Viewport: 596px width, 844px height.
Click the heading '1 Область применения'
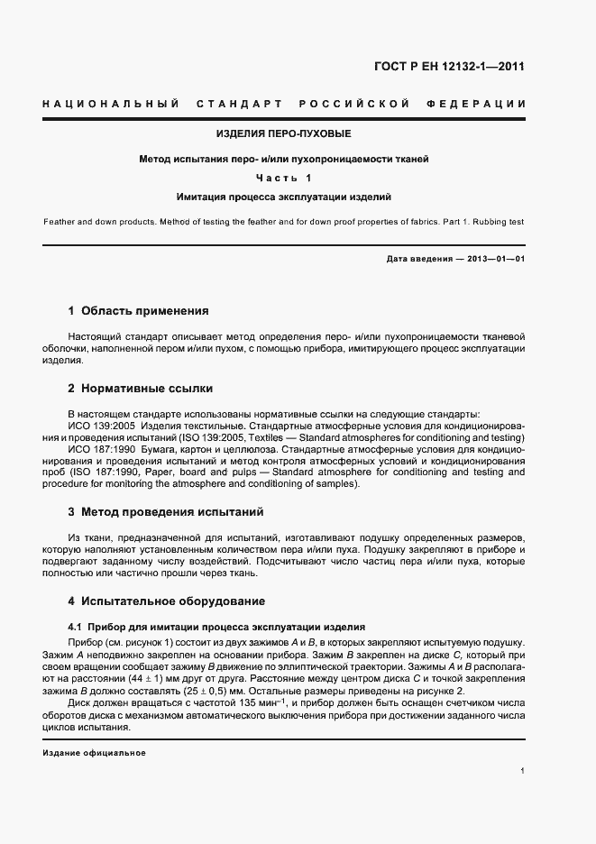point(138,312)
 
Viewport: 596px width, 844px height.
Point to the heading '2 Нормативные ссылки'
point(140,390)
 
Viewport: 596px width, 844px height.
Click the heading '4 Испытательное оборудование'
point(166,601)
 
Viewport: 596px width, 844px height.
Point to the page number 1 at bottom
point(523,771)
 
